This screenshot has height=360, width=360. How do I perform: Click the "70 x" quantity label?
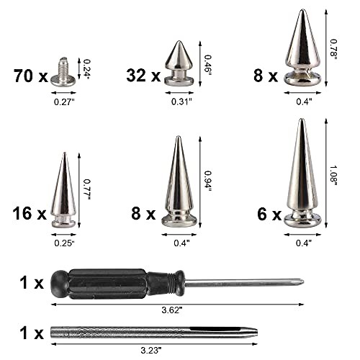(30, 74)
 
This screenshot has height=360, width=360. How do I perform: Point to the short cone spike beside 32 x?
(176, 64)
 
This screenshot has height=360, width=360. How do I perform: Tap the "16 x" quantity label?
(30, 213)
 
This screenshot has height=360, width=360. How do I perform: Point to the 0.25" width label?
(64, 243)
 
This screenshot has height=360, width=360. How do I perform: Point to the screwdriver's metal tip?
(299, 282)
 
